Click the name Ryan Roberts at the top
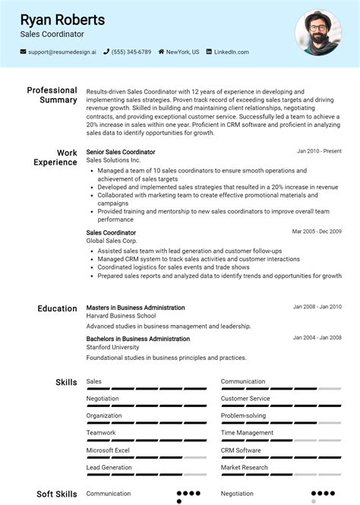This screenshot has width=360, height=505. tap(62, 19)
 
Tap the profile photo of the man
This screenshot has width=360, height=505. tap(317, 33)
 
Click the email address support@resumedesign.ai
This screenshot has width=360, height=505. tap(62, 52)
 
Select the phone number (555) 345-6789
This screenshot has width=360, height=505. tap(131, 52)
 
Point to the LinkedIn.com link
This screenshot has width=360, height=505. tap(231, 52)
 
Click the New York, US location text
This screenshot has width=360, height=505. tap(183, 52)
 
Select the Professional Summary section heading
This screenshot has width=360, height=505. tap(52, 95)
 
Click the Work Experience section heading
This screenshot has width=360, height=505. tap(55, 157)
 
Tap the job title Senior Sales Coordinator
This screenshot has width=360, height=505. tap(121, 152)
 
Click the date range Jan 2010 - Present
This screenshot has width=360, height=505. tap(319, 151)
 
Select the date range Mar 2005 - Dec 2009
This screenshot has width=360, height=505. tap(317, 232)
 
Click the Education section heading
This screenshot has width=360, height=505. tap(57, 308)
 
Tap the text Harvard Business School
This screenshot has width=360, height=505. tap(121, 316)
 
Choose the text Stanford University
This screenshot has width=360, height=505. tap(113, 347)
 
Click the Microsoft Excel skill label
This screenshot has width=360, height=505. tap(108, 450)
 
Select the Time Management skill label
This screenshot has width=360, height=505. tap(248, 433)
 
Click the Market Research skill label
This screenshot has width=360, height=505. tap(244, 468)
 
